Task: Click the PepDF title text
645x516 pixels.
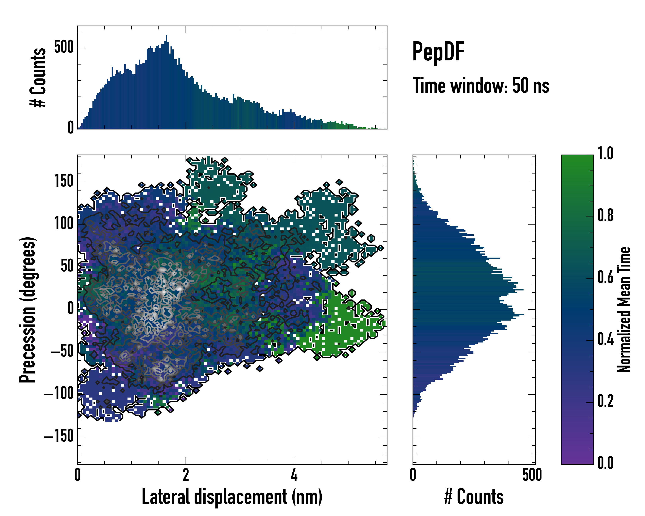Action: click(438, 52)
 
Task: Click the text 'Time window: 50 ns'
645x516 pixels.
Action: click(481, 86)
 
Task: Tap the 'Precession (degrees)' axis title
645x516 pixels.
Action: click(28, 310)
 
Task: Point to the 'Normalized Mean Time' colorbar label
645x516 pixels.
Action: click(624, 310)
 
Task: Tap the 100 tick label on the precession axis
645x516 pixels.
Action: click(64, 224)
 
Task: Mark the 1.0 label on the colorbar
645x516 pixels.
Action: click(605, 154)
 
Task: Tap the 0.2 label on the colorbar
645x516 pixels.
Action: click(605, 401)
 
